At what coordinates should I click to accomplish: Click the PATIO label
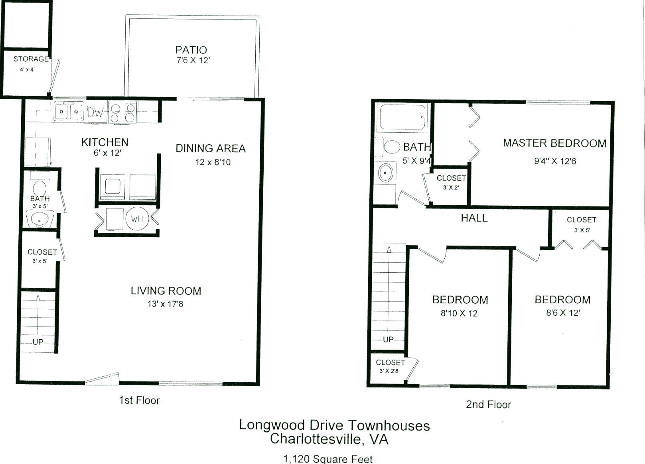191,50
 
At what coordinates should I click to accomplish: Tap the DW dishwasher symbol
95,112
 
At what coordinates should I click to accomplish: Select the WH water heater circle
137,219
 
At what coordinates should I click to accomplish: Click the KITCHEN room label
105,142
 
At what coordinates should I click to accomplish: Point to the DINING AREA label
211,149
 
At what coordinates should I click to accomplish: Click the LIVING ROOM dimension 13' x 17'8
165,304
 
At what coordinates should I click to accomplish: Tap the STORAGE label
31,59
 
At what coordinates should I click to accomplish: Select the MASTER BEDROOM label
554,143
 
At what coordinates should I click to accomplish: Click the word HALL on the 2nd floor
474,218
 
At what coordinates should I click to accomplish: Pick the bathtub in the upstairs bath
402,117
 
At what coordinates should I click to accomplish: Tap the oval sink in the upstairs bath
386,173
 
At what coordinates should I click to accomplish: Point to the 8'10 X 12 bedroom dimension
459,313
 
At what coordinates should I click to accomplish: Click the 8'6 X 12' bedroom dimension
563,313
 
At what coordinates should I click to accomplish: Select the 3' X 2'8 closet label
389,371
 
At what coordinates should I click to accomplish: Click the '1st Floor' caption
139,400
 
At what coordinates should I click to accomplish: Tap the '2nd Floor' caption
488,405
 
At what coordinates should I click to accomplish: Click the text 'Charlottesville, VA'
329,439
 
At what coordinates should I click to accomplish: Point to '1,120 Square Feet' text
328,459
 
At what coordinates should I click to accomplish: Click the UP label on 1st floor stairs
38,342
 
